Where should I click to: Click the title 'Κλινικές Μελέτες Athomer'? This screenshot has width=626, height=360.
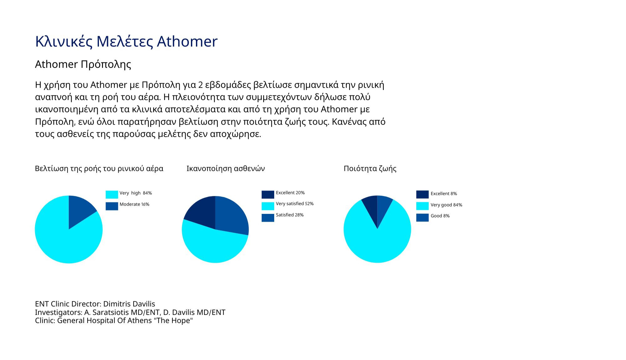(126, 42)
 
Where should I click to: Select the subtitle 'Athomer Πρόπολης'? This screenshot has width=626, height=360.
(83, 64)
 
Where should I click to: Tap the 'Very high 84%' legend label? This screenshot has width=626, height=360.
(136, 193)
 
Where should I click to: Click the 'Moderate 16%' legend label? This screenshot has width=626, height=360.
(134, 204)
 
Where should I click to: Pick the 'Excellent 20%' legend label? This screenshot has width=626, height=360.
(290, 193)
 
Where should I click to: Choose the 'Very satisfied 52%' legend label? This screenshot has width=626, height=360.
(295, 204)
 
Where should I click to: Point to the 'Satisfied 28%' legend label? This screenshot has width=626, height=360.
(290, 215)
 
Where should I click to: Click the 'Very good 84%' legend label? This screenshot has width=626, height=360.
(446, 205)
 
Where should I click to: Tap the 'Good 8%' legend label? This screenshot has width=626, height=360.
(440, 216)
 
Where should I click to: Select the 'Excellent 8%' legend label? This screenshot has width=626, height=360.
(444, 194)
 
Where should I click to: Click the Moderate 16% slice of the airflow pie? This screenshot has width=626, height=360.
(80, 210)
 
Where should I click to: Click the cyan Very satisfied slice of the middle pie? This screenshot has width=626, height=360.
(213, 247)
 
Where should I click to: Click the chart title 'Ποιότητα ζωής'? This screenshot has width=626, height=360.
(370, 169)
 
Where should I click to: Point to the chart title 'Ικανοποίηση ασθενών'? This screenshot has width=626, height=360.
(226, 169)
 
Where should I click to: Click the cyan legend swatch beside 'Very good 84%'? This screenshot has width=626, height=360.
(422, 206)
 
